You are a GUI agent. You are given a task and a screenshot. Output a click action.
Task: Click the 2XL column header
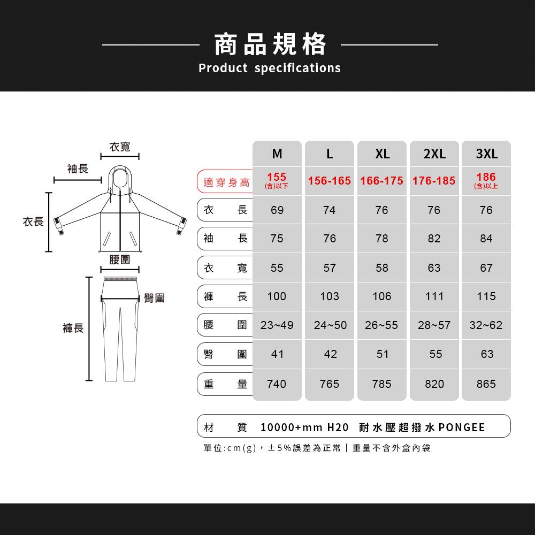[434, 154]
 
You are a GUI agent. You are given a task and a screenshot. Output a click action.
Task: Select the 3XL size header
[486, 154]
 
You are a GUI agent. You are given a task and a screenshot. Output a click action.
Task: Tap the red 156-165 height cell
[329, 181]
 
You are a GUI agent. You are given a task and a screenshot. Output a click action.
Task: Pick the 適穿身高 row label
[226, 182]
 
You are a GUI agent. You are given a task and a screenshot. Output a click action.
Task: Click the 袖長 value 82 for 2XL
[434, 239]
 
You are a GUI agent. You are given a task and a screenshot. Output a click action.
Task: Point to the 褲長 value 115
[486, 296]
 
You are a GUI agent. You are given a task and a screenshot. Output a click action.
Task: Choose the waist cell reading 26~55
[381, 325]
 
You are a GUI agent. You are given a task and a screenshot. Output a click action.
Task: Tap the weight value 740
[277, 384]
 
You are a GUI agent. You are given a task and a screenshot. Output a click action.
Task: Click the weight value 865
[486, 384]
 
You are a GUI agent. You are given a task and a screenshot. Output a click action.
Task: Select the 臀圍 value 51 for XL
[382, 354]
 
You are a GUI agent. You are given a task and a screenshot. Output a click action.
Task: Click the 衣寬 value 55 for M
[277, 268]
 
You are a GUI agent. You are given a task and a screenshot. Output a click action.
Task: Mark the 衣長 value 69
[277, 210]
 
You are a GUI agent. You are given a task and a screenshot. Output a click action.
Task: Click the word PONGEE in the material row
[462, 427]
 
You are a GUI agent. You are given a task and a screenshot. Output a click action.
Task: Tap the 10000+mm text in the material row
[291, 427]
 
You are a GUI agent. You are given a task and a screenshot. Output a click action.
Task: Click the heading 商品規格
[270, 44]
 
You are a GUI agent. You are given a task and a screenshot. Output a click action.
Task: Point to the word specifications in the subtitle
[297, 68]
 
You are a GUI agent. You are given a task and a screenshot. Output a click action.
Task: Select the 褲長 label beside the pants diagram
[73, 328]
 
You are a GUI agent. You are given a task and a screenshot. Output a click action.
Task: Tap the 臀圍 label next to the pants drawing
[154, 298]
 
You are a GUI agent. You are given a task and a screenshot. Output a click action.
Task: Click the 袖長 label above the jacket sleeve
[78, 169]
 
